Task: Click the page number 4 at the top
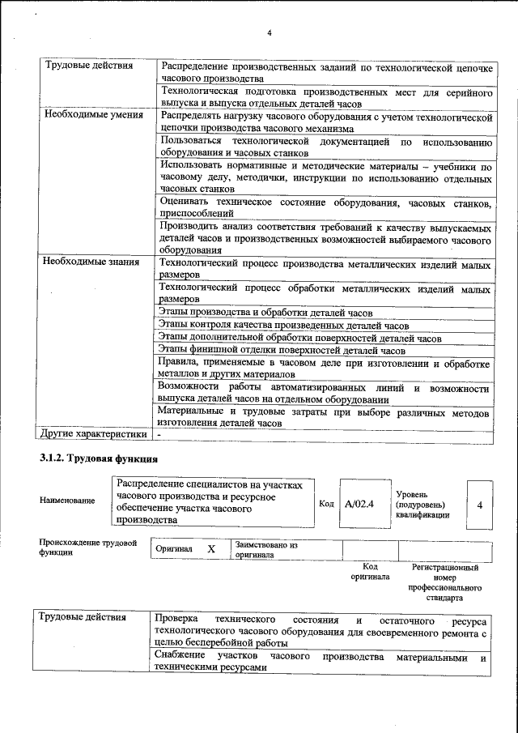tap(270, 32)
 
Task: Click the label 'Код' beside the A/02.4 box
tap(326, 504)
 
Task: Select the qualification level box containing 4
tap(480, 505)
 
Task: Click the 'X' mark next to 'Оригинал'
tap(212, 549)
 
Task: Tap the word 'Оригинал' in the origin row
tap(174, 549)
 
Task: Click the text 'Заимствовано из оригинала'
tap(266, 551)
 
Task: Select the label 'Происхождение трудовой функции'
tap(87, 548)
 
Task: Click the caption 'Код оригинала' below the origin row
tap(369, 572)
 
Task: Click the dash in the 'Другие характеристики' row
tap(160, 435)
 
